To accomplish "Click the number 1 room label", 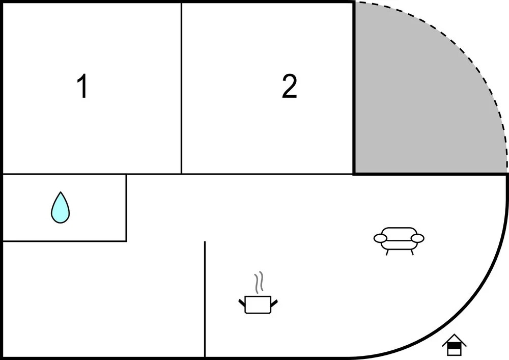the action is [83, 86].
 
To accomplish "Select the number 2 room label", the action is [289, 86].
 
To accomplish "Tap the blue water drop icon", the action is [61, 208].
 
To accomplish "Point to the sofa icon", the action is [399, 241].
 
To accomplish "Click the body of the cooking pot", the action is [258, 304].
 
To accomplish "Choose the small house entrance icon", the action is [454, 345].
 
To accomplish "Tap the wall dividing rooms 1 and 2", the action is [181, 88].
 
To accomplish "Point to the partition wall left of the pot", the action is [205, 299].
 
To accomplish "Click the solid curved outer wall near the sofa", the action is [487, 286].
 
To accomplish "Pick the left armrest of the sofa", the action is [380, 238].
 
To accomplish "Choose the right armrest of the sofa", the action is [417, 238].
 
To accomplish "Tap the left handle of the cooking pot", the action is [242, 302].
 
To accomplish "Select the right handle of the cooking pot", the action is [274, 302].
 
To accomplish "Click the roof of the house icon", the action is [454, 339].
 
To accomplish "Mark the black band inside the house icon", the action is [454, 346].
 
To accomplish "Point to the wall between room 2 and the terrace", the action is [354, 88].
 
